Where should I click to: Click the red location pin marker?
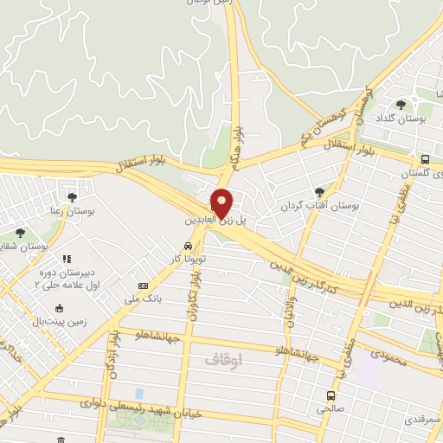pyautogui.click(x=222, y=202)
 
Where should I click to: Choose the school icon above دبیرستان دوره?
pyautogui.click(x=67, y=258)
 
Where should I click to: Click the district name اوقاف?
pyautogui.click(x=228, y=356)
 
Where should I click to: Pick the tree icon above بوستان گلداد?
pyautogui.click(x=401, y=106)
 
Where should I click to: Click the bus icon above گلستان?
pyautogui.click(x=425, y=159)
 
